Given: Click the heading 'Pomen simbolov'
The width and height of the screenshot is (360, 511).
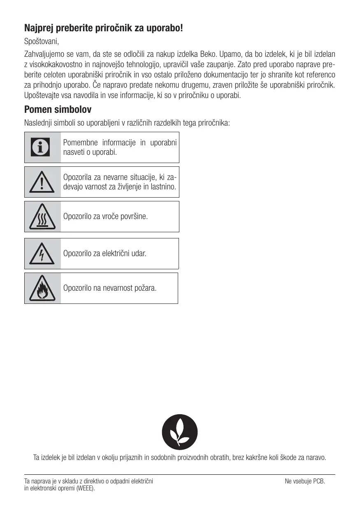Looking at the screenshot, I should pos(58,110).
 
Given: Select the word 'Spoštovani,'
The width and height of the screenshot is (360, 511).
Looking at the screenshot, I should pos(42,42).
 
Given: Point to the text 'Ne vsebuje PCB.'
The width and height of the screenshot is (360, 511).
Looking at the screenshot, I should pos(305,481).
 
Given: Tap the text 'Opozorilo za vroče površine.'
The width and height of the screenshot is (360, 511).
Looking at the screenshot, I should pos(105,216).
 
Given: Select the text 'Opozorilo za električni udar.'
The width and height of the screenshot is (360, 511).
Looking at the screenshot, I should pos(105,253).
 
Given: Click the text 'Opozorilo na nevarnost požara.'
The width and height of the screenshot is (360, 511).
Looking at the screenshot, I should pos(110,288).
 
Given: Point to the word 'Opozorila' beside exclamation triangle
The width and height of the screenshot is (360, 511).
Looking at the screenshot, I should pos(77,177).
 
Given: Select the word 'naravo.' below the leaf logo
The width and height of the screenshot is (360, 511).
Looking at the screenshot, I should pos(315,457).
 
